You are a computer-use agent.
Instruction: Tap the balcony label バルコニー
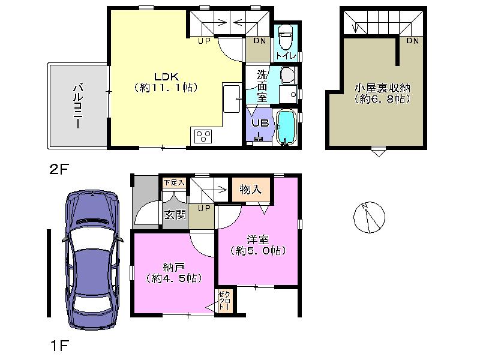pos(77,106)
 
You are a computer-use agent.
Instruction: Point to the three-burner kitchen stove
pos(203,136)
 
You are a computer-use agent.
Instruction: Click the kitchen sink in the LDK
pos(231,98)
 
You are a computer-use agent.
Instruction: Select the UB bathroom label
pos(259,122)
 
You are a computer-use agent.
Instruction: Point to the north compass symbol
pos(369,217)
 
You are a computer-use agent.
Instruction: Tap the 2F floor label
pos(59,169)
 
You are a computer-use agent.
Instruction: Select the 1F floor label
pos(59,346)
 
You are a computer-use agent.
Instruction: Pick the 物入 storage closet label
pos(250,190)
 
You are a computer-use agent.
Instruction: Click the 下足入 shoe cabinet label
pos(174,182)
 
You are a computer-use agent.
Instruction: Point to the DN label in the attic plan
pos(412,41)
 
